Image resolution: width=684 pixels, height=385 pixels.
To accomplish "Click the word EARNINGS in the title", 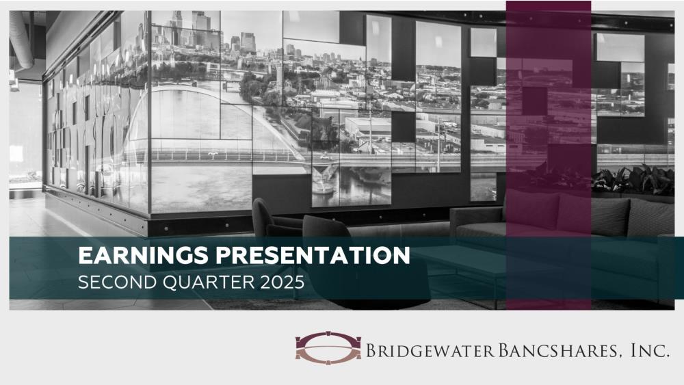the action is point(144,256).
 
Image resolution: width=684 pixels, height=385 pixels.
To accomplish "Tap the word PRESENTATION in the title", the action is point(313,256).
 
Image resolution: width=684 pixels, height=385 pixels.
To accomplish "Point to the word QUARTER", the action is point(209,282).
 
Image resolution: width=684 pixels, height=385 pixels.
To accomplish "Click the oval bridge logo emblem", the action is point(328,347).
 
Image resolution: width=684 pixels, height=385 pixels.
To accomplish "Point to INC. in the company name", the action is point(650,350).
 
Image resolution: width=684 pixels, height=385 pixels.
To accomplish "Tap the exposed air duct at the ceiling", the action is point(21,39).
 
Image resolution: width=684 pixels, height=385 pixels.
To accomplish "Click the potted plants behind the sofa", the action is point(633,180).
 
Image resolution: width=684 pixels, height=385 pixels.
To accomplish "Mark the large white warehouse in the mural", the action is point(368,128).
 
